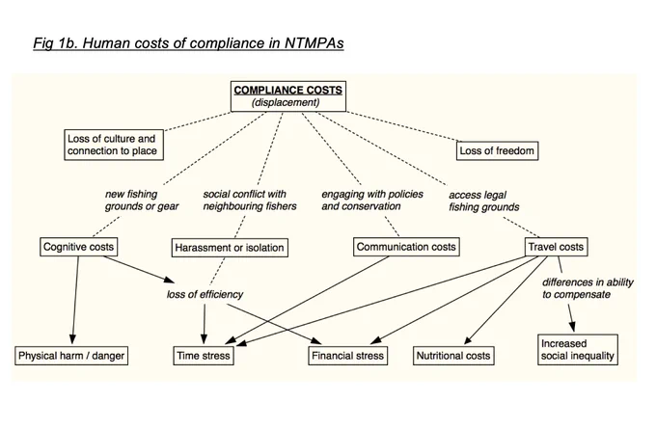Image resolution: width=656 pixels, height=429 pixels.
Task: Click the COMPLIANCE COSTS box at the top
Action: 288,96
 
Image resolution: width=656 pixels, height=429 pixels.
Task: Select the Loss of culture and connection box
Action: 114,145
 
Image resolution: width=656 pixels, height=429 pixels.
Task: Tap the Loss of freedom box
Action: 497,151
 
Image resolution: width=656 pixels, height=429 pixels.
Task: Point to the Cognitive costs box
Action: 79,247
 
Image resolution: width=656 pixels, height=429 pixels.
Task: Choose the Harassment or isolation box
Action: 230,248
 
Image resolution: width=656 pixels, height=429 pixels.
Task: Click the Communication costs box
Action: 406,247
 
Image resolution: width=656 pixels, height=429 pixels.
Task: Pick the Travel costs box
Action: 556,247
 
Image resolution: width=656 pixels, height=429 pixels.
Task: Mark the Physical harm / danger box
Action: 71,356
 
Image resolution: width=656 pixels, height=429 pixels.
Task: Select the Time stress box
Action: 204,356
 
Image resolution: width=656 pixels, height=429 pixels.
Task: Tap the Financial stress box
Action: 347,356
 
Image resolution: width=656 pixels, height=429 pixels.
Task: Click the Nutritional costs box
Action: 453,356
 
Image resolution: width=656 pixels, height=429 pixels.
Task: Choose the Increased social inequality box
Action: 578,350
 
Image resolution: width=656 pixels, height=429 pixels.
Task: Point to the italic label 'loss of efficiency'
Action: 205,294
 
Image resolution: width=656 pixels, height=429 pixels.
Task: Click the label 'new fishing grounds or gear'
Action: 142,201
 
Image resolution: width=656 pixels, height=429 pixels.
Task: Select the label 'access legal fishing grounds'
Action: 484,201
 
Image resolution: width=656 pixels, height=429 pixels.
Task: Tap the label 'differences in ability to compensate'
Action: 588,288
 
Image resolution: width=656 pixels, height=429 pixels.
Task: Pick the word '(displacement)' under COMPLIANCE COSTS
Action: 286,103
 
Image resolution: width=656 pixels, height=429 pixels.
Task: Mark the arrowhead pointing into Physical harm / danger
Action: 72,339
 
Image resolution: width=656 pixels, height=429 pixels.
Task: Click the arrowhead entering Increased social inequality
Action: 572,327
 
